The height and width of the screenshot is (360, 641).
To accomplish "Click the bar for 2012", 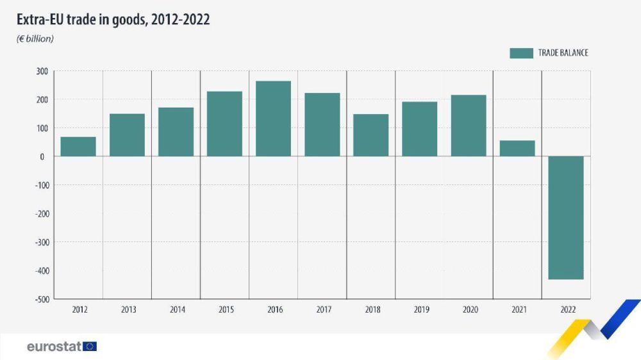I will pyautogui.click(x=78, y=147).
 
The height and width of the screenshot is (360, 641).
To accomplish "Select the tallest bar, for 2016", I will pyautogui.click(x=273, y=119).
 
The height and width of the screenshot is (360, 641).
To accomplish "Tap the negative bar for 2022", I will pyautogui.click(x=566, y=218).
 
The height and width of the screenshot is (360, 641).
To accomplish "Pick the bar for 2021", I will pyautogui.click(x=517, y=149).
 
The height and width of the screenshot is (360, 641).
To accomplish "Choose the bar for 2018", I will pyautogui.click(x=370, y=135).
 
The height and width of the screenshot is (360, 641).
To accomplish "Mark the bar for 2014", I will pyautogui.click(x=176, y=132).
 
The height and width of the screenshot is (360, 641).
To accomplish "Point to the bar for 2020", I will pyautogui.click(x=469, y=126).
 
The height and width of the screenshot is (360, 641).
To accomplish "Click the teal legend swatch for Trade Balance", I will pyautogui.click(x=521, y=53).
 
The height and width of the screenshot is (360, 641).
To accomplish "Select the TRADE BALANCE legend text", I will pyautogui.click(x=563, y=53).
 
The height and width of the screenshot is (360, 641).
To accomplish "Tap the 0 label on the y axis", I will pyautogui.click(x=42, y=157).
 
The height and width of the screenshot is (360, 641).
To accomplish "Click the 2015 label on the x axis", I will pyautogui.click(x=226, y=310).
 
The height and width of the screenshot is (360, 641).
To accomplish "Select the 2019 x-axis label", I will pyautogui.click(x=420, y=310).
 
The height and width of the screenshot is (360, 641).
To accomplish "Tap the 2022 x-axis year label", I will pyautogui.click(x=567, y=310).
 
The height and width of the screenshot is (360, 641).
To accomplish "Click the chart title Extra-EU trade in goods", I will pyautogui.click(x=113, y=20).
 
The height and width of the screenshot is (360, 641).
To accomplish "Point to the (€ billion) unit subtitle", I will pyautogui.click(x=35, y=39).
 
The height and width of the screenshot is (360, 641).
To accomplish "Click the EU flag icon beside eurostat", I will pyautogui.click(x=90, y=347).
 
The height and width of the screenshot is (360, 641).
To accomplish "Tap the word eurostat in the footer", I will pyautogui.click(x=54, y=347).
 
